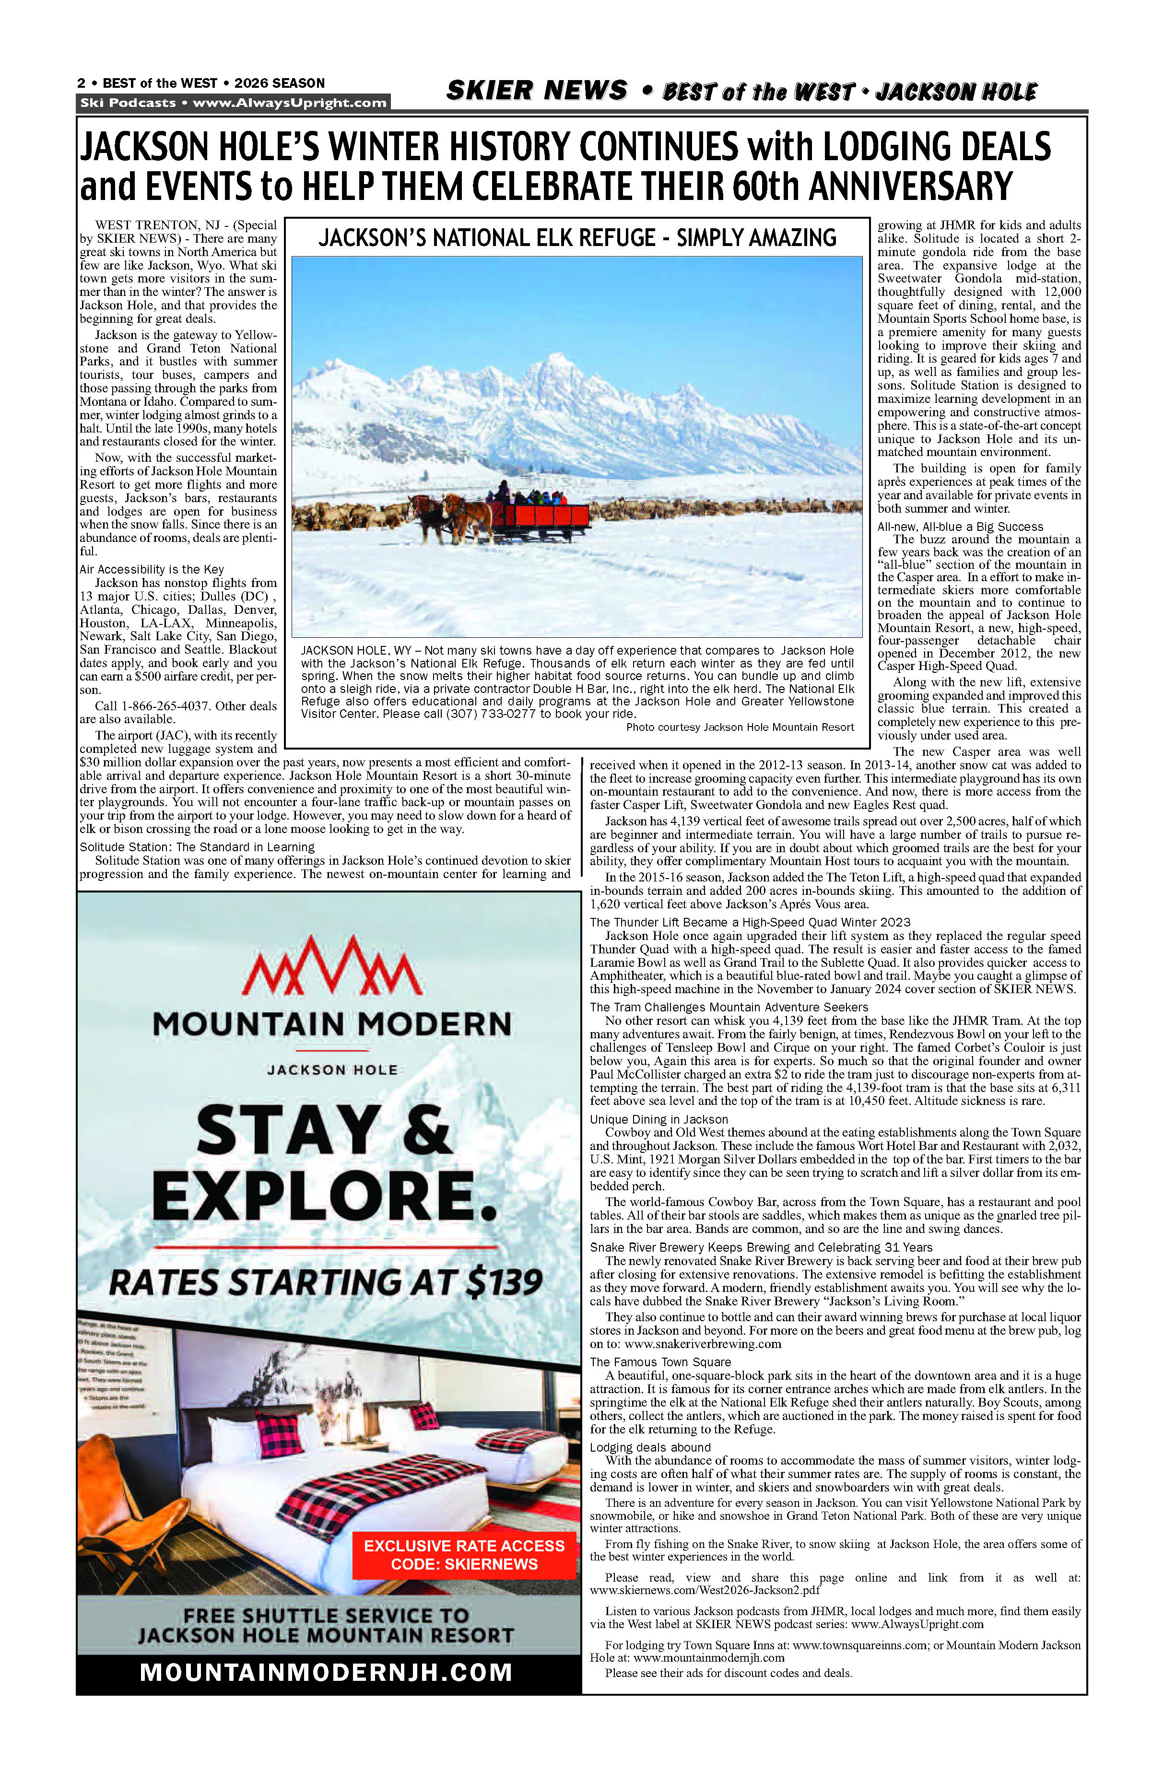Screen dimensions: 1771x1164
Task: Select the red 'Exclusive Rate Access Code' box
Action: (464, 1554)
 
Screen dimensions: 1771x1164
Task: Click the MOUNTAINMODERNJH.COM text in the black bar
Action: (326, 1672)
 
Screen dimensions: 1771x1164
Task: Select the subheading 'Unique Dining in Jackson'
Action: (658, 1119)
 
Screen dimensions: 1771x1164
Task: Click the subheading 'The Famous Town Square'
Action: (660, 1362)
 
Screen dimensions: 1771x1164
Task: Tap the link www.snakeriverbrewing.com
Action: (703, 1344)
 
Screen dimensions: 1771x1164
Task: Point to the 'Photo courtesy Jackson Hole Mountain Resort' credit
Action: (740, 727)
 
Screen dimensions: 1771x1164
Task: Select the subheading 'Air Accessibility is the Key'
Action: (152, 569)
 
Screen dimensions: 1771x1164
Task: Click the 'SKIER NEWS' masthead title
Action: (537, 91)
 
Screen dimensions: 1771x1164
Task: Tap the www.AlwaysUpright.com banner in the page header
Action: (290, 103)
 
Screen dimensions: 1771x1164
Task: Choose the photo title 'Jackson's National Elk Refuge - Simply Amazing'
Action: (577, 238)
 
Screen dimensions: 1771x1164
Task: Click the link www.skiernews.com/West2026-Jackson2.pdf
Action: (705, 1590)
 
